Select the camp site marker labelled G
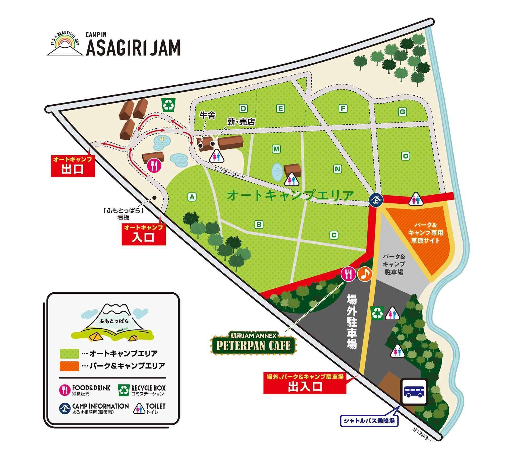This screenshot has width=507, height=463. click(402, 112)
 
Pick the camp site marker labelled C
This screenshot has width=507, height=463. click(334, 235)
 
